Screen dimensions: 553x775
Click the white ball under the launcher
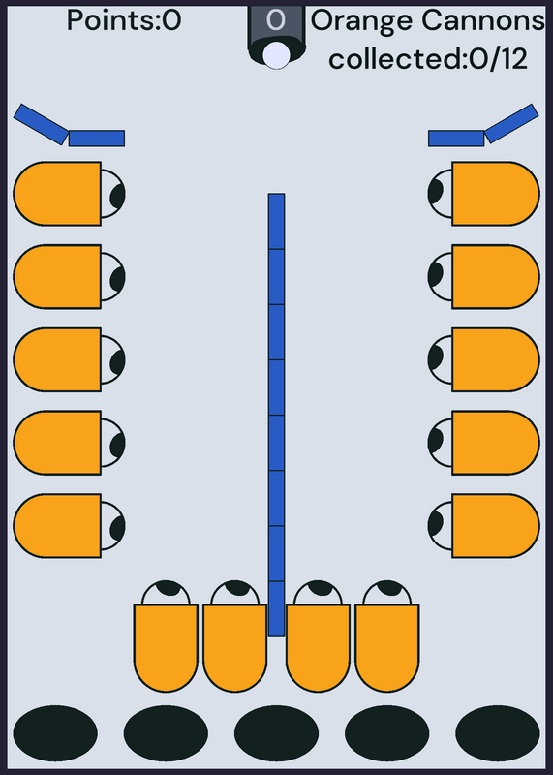point(276,55)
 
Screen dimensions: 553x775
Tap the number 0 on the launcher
point(276,20)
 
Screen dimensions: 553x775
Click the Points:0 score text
point(124,20)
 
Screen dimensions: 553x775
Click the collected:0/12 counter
point(428,59)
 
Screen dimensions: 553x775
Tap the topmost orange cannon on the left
point(69,194)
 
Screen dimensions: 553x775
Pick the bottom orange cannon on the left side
point(69,526)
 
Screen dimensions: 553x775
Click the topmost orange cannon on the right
point(483,194)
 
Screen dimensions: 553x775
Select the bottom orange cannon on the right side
point(483,526)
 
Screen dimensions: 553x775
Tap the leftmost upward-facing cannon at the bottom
point(166,636)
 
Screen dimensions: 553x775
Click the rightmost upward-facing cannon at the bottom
point(387,636)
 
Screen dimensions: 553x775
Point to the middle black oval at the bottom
point(276,733)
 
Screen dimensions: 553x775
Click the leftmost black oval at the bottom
point(55,733)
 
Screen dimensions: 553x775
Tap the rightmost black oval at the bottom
point(498,733)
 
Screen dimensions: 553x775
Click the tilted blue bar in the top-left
point(41,124)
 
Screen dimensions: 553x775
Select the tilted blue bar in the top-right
point(511,124)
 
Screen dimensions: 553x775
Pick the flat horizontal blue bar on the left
point(97,139)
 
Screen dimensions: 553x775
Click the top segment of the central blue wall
point(276,221)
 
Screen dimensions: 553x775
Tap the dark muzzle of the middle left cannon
point(117,360)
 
